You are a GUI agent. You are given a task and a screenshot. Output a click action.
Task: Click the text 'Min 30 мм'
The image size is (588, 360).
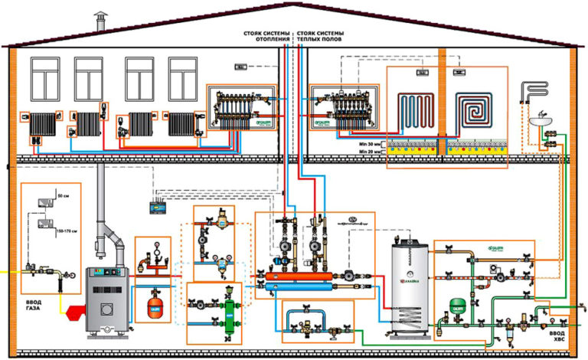point(367,143)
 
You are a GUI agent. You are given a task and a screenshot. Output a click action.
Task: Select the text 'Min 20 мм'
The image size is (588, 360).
point(367,152)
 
